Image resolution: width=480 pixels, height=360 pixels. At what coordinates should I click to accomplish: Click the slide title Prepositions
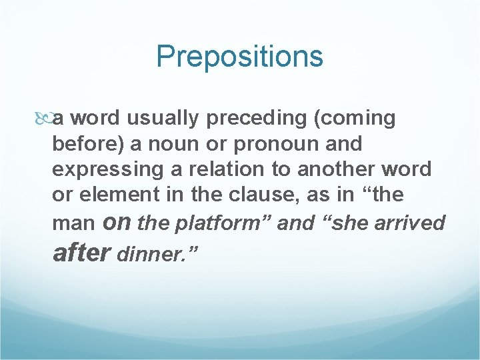[239, 57]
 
